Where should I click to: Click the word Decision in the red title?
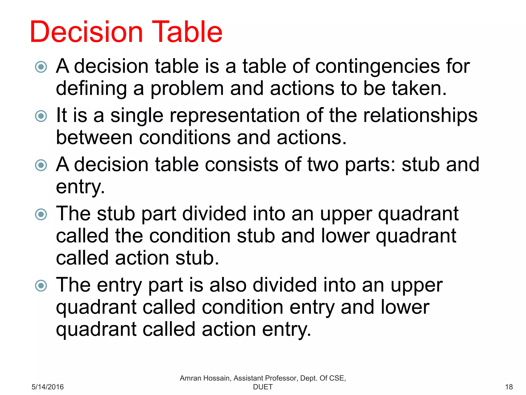point(86,32)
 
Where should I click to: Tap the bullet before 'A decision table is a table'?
point(41,67)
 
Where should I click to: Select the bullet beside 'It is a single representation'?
point(41,116)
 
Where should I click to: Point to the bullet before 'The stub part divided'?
point(41,214)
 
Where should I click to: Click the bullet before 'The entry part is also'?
point(41,285)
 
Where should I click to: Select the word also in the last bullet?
point(228,285)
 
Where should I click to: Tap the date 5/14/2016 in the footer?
point(48,387)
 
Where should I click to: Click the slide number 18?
point(509,387)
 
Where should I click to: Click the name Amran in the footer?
point(190,378)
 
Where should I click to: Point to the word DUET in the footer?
point(263,387)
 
